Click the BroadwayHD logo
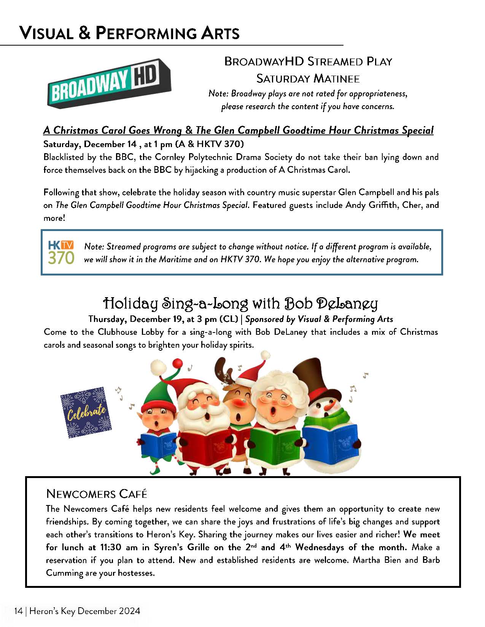click(x=109, y=84)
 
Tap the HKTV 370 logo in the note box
click(x=61, y=252)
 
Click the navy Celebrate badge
click(x=86, y=412)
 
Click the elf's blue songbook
click(x=157, y=443)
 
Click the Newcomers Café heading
click(x=97, y=494)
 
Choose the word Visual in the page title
click(x=46, y=33)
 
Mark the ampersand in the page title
click(x=85, y=33)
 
